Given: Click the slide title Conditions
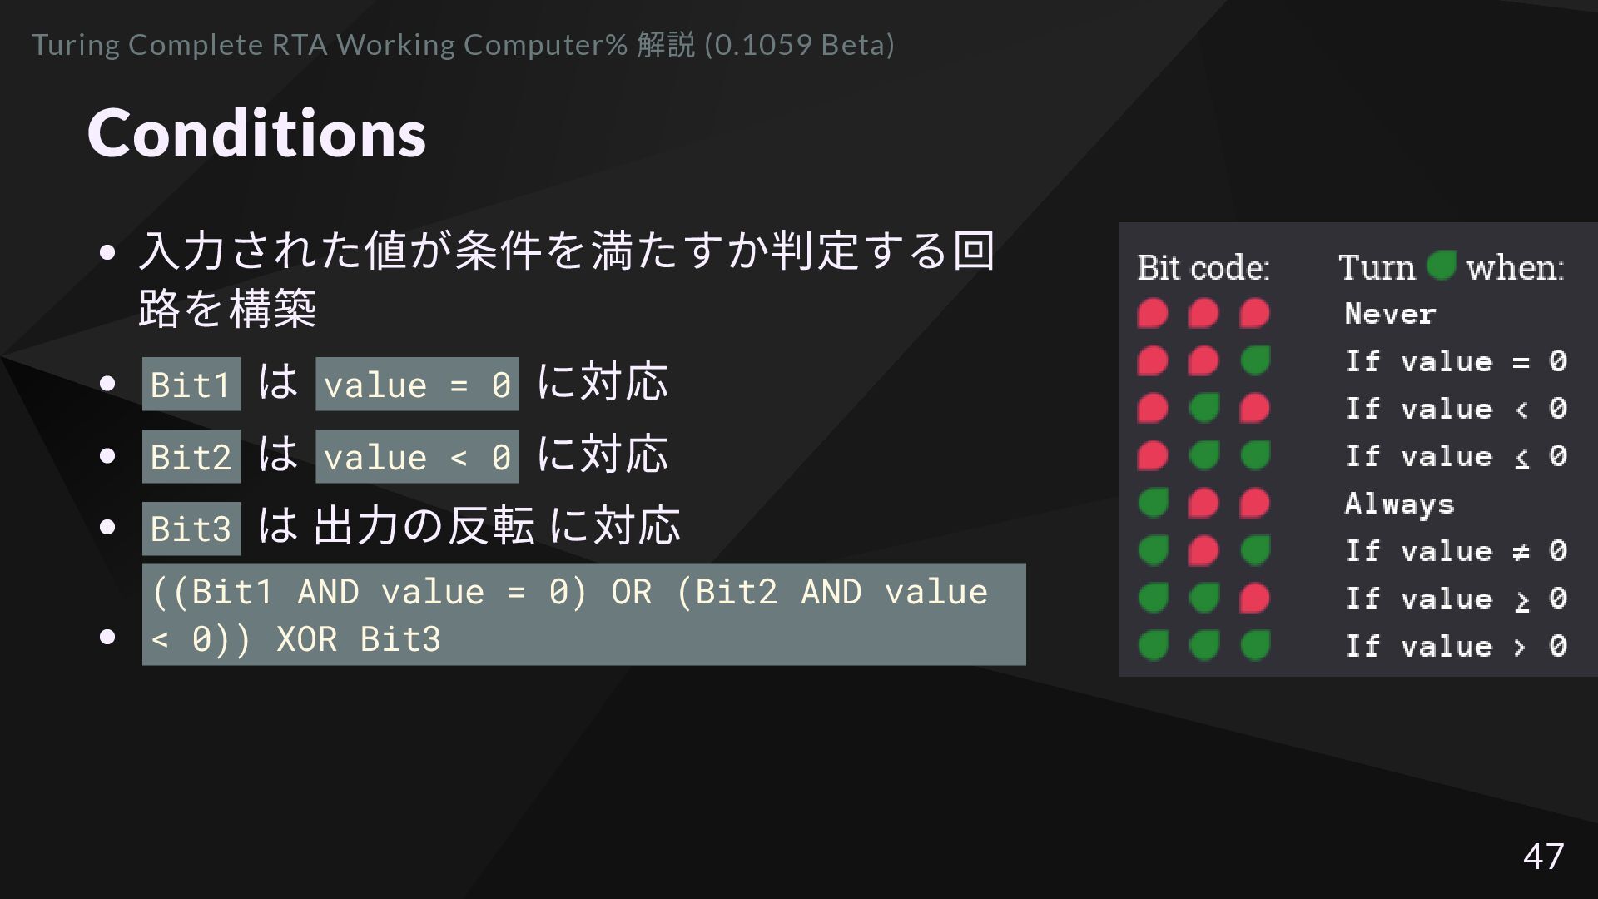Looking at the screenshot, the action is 256,133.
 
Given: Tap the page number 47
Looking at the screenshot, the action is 1543,856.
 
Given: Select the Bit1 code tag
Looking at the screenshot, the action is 191,385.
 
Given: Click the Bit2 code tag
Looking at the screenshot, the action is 191,457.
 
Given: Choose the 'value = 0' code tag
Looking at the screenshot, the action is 417,385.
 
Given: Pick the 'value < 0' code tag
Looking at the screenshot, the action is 417,457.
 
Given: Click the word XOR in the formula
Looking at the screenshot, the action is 306,639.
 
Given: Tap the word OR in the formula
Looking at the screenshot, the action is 631,592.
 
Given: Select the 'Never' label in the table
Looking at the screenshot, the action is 1390,314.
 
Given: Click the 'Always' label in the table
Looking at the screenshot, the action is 1399,504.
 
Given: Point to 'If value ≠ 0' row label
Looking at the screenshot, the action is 1456,551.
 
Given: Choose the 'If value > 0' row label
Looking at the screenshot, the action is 1456,646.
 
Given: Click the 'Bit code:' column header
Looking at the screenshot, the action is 1203,267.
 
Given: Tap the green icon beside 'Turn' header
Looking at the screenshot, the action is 1441,266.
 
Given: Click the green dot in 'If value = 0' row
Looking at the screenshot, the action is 1255,361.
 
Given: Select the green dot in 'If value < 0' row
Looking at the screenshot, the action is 1204,409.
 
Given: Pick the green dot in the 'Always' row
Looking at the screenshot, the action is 1154,504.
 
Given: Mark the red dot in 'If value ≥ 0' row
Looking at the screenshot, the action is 1255,599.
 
